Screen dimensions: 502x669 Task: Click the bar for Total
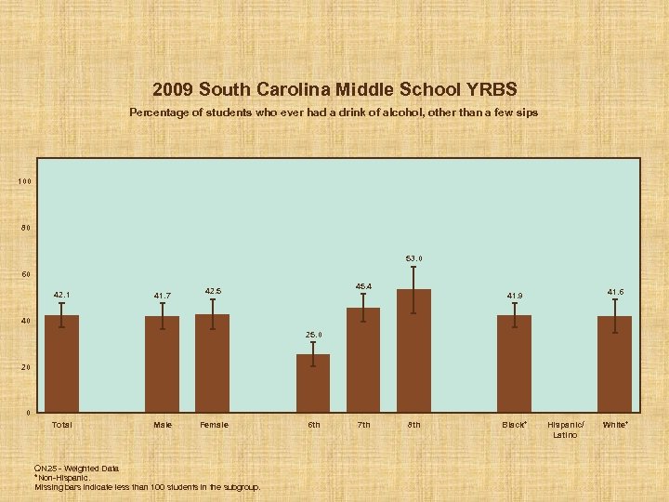[61, 364]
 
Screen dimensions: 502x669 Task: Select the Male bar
[162, 364]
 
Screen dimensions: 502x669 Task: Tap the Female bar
[212, 363]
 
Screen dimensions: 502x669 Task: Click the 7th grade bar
[363, 360]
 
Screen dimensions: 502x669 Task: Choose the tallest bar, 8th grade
[413, 351]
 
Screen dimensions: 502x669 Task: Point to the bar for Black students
[514, 364]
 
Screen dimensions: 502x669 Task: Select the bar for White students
[614, 364]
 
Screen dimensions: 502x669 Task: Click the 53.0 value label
[413, 258]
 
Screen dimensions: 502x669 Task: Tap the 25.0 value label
[313, 335]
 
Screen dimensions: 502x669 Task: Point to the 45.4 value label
[363, 285]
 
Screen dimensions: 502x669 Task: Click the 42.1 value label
[61, 296]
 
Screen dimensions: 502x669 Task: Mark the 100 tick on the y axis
[25, 181]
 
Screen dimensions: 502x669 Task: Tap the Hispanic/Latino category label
[564, 429]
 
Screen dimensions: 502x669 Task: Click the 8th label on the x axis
[413, 425]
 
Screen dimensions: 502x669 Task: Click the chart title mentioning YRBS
[334, 90]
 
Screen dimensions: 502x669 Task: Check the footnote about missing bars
[147, 486]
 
